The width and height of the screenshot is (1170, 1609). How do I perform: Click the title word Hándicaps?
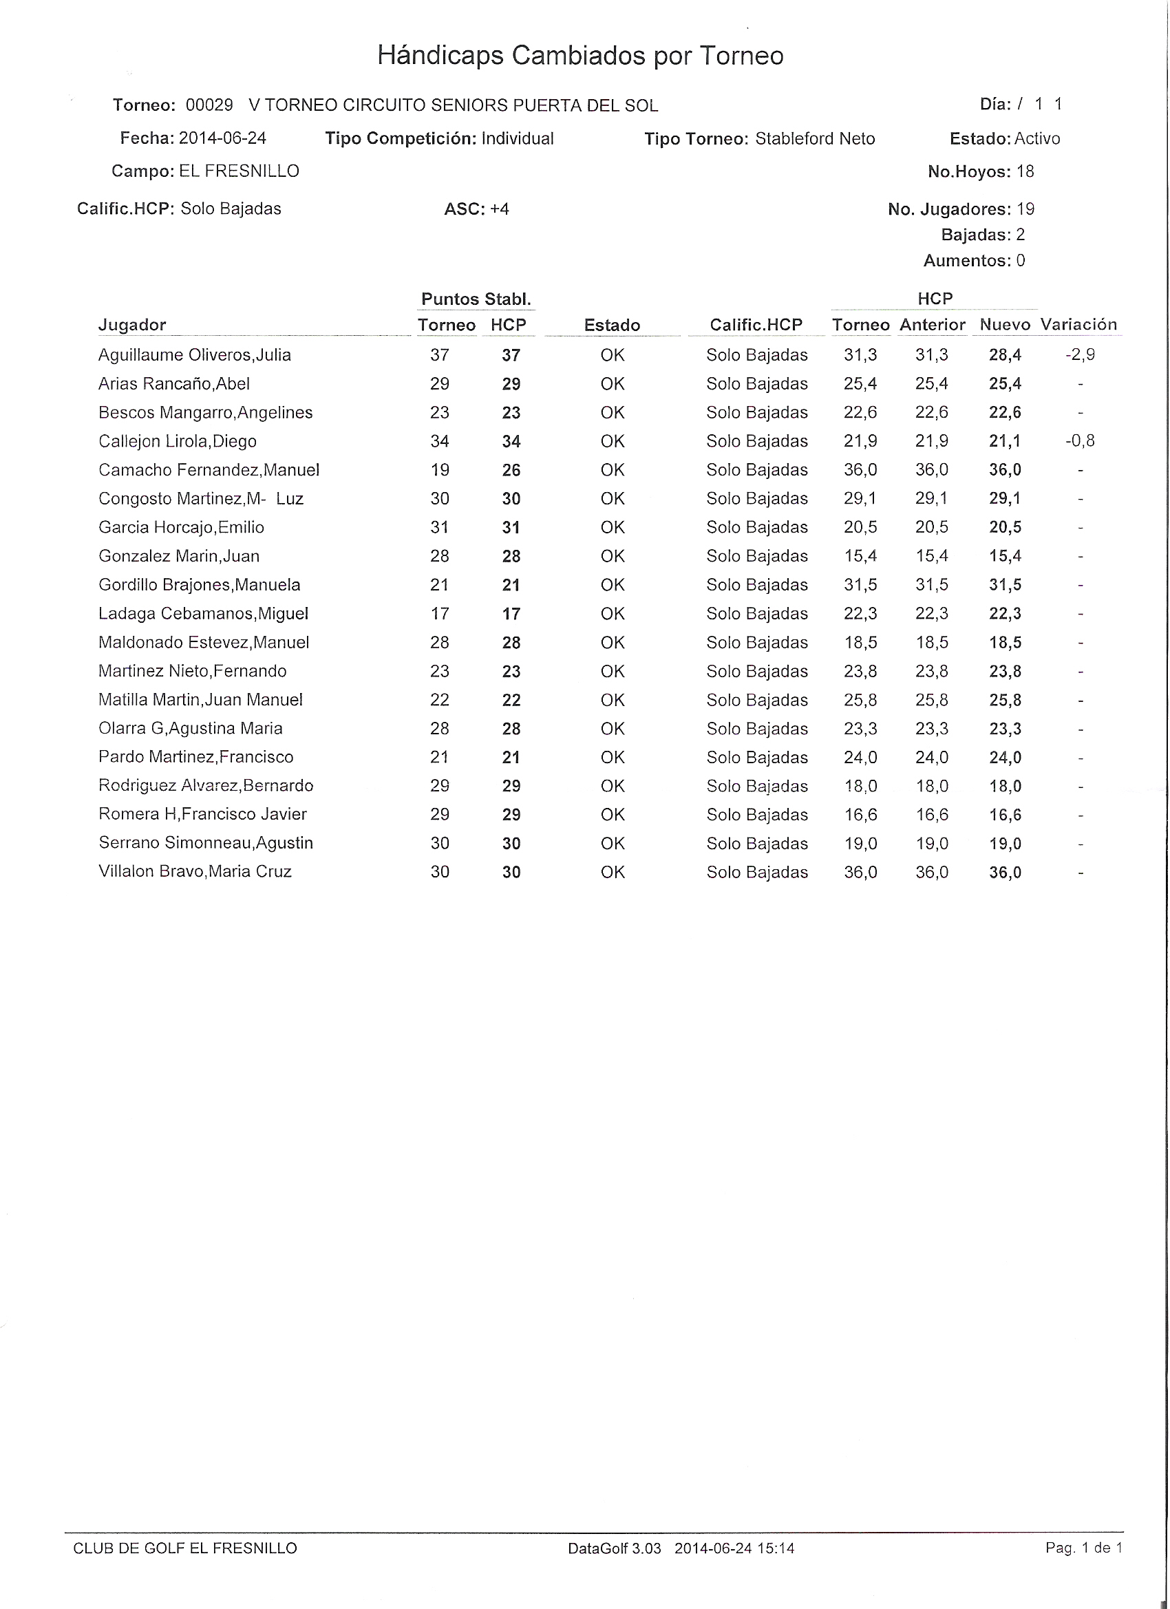[x=440, y=56]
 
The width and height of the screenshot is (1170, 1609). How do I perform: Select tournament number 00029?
[x=209, y=106]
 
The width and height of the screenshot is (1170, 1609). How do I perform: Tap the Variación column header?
[x=1078, y=325]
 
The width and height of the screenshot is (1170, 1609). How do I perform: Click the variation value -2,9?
[x=1080, y=354]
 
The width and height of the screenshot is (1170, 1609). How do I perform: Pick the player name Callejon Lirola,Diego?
[x=178, y=441]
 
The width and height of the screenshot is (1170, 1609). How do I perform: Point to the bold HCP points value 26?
[x=511, y=470]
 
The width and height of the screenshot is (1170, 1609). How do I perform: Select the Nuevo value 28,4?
[x=1005, y=355]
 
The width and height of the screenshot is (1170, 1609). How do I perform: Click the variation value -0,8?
[x=1080, y=441]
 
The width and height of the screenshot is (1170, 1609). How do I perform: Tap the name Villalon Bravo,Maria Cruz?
[x=195, y=872]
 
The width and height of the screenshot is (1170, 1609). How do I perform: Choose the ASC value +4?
[x=500, y=209]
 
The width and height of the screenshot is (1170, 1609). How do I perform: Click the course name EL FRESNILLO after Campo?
[x=239, y=171]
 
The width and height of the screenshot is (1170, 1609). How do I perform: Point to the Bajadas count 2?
[x=1020, y=235]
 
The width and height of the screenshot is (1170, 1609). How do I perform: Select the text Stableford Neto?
[x=815, y=139]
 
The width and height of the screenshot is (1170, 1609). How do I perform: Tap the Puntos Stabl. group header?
[x=476, y=299]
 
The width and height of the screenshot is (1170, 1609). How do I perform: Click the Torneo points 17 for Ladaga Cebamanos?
[x=439, y=614]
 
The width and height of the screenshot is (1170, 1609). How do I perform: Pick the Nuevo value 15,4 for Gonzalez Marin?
[x=1005, y=556]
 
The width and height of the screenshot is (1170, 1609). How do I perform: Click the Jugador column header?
[x=132, y=326]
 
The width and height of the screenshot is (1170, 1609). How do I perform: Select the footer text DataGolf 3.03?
[x=614, y=1548]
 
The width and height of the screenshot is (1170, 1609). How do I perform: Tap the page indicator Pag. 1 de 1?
[x=1083, y=1548]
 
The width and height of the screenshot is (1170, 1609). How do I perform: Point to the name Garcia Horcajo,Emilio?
[x=181, y=528]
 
